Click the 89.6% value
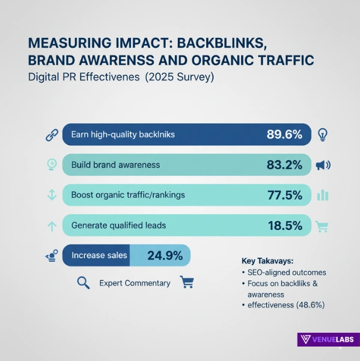[x=284, y=134]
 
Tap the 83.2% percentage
[x=284, y=164]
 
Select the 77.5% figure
[x=284, y=195]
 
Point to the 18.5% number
[x=284, y=226]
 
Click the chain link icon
[x=52, y=135]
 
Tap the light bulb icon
[x=323, y=134]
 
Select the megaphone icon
[x=323, y=165]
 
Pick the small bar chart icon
[x=323, y=195]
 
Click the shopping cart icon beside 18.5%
[x=323, y=226]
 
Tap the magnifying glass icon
[x=84, y=282]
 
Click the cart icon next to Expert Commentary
[x=186, y=282]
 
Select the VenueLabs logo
[x=328, y=340]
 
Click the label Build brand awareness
[x=115, y=164]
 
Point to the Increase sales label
[x=99, y=256]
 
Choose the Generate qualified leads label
[x=118, y=226]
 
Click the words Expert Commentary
[x=135, y=283]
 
